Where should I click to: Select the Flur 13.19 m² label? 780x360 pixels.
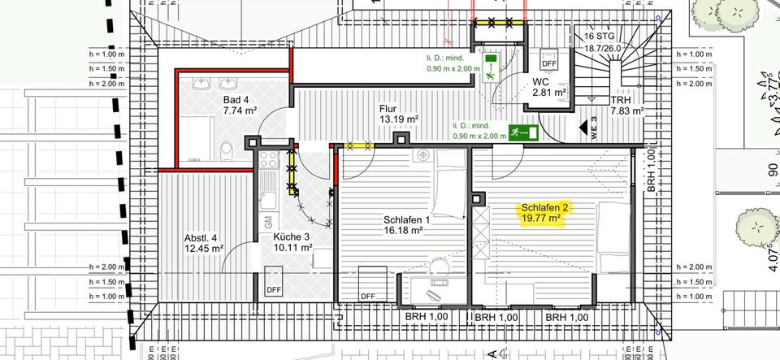click(x=398, y=114)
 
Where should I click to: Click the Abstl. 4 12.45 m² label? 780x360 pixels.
click(x=203, y=244)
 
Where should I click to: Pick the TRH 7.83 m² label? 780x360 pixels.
click(x=626, y=105)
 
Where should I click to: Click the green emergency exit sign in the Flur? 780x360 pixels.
click(x=524, y=132)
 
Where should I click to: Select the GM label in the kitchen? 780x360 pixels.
click(x=267, y=220)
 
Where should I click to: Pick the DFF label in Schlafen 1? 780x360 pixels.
click(x=368, y=296)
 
